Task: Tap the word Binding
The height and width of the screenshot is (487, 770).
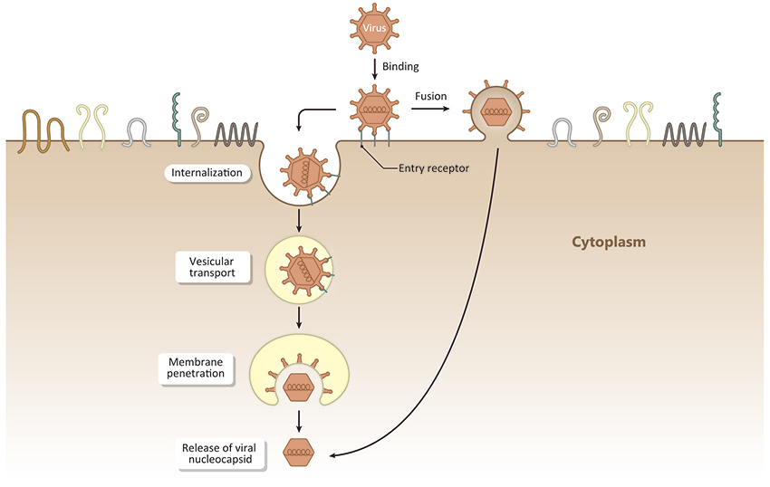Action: point(400,66)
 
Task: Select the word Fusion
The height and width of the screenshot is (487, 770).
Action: point(430,94)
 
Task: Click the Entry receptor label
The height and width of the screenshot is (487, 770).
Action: point(434,167)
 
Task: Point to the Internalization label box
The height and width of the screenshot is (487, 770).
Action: point(207,171)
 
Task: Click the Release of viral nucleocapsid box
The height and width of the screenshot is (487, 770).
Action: point(223,454)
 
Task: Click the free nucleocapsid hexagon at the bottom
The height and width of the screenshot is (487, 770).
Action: point(300,453)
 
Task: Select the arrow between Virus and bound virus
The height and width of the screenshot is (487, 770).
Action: point(374,67)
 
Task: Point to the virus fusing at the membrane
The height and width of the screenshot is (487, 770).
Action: point(496,112)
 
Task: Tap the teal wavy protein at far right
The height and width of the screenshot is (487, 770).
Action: point(718,118)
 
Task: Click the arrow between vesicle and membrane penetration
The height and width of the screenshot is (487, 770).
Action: point(298,318)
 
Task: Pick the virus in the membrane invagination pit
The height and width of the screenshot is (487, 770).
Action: point(303,170)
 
